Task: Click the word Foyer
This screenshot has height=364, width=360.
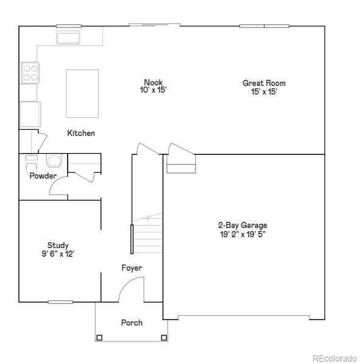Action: point(132,268)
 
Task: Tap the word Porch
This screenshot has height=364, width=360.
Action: point(132,323)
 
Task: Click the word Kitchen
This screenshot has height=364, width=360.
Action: point(81,133)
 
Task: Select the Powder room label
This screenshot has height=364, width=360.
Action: point(43,176)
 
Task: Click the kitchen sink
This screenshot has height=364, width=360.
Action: point(68,37)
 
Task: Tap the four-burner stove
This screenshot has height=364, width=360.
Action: point(30,73)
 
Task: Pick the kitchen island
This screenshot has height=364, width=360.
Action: point(82,93)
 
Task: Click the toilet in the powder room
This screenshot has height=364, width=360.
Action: point(31,163)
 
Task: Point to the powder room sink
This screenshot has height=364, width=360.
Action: point(54,160)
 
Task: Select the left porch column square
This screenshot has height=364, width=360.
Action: point(99,338)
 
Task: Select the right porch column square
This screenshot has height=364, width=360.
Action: point(164,337)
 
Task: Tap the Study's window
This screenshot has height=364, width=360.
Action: point(60,302)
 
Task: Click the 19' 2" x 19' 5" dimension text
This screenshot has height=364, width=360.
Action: point(242,234)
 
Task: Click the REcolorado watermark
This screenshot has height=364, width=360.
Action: point(334,358)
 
